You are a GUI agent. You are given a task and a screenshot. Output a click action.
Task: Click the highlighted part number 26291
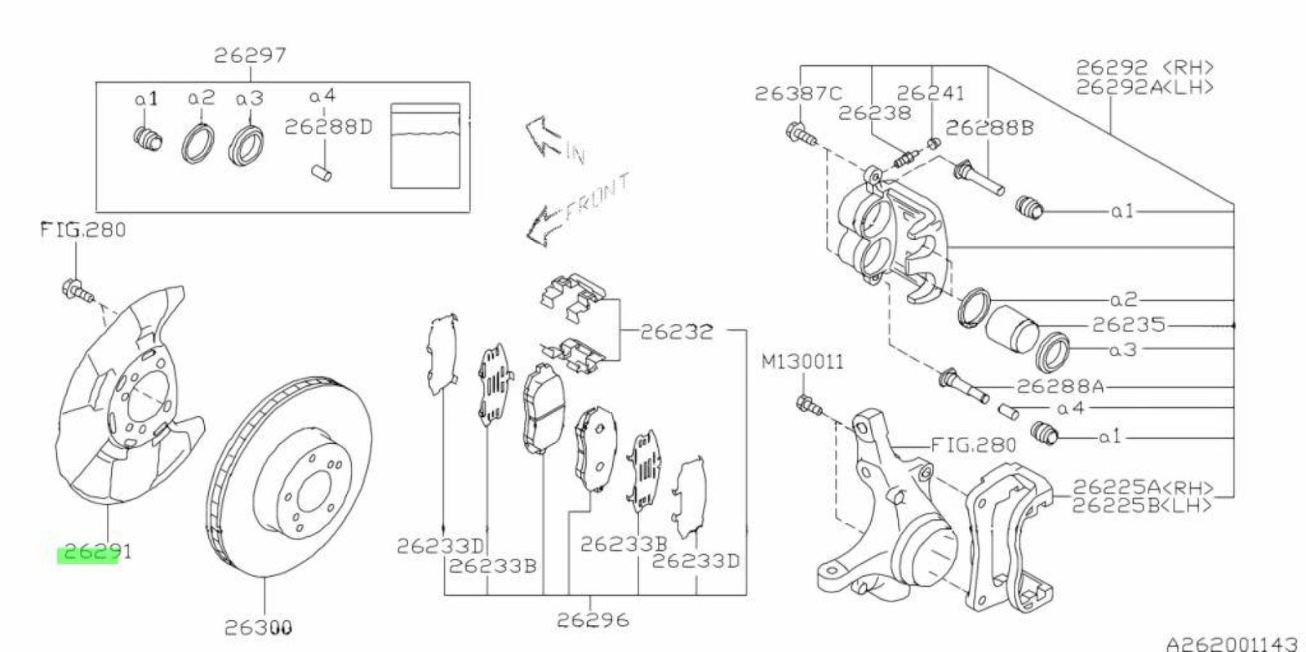pos(93,553)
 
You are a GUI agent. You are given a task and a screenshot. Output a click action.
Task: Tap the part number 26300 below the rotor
pos(259,628)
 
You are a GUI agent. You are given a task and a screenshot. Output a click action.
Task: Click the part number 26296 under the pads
pos(593,620)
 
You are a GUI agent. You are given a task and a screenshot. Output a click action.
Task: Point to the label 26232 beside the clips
pos(677,331)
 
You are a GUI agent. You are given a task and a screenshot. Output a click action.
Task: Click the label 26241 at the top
pos(931,94)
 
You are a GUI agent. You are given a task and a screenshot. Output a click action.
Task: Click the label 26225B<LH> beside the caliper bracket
pos(1142,506)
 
